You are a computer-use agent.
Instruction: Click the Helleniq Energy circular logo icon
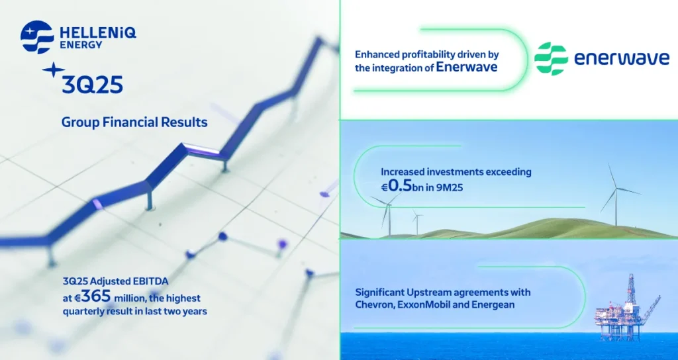(37, 37)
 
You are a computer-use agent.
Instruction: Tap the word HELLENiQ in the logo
(98, 32)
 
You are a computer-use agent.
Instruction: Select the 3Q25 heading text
(91, 85)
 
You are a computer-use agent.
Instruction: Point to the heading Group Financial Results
(134, 122)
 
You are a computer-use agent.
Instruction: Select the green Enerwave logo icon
(551, 59)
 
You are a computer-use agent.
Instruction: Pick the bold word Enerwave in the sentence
(466, 67)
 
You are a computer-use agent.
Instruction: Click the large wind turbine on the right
(616, 192)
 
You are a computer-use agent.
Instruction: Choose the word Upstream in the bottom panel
(436, 292)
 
